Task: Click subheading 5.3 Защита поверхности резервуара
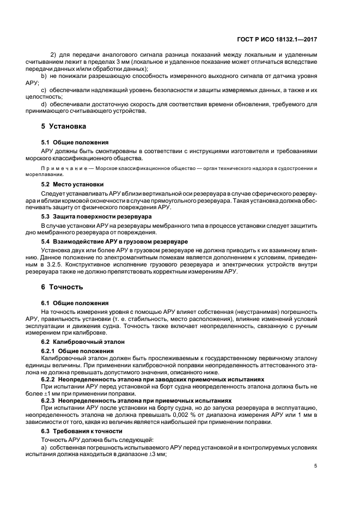point(89,216)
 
